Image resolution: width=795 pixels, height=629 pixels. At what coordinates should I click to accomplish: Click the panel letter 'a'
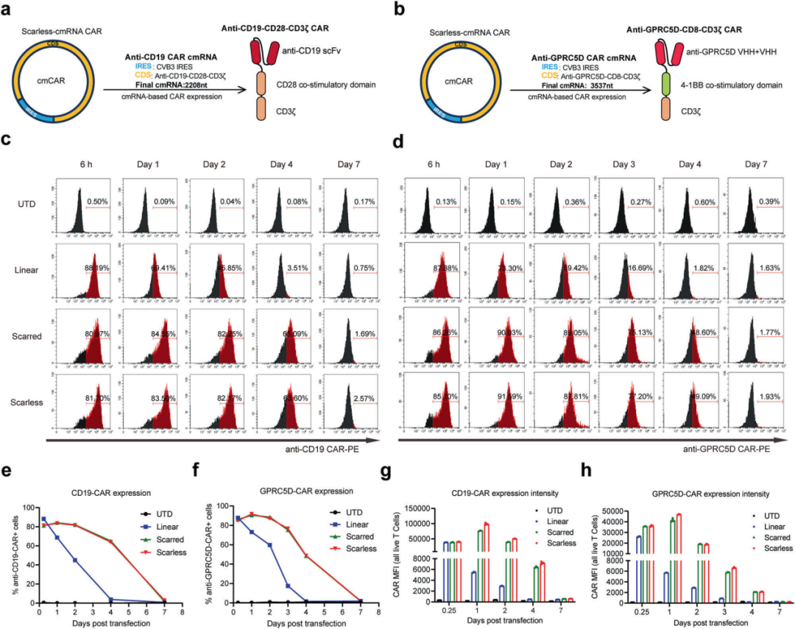(8, 10)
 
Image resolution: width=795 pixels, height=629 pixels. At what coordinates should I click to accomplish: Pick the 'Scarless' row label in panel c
(26, 403)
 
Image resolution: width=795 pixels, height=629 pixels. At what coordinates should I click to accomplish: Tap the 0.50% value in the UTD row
(98, 201)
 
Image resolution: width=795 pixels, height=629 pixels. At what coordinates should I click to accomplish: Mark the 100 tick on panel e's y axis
(29, 508)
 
